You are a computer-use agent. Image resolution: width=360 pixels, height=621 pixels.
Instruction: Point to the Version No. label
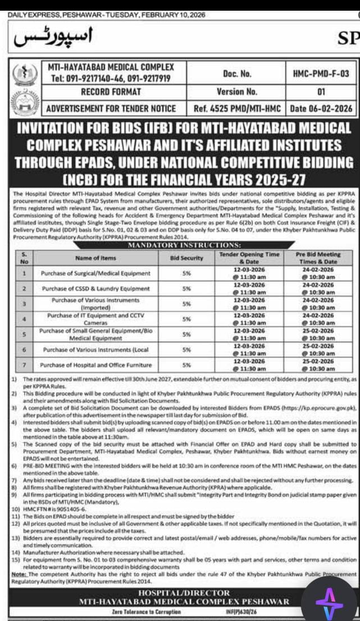(x=237, y=91)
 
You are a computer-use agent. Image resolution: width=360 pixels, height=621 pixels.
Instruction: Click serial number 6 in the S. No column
(x=24, y=349)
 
